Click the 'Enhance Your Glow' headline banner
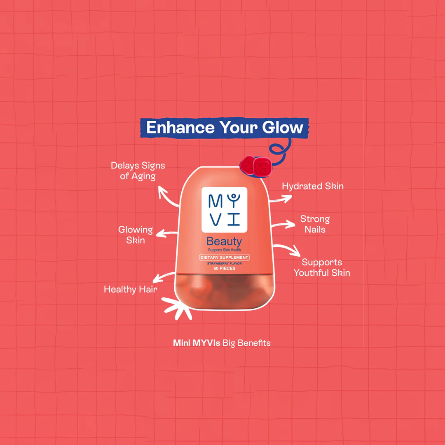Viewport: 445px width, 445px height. coord(225,128)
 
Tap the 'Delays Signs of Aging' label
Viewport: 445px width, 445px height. coord(138,171)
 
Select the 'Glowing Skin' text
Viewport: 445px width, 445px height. coord(136,235)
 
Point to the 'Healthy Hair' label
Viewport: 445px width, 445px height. coord(131,289)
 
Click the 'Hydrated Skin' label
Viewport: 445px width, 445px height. coord(313,186)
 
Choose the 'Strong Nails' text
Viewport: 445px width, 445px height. coord(315,224)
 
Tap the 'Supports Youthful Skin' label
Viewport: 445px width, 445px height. coord(322,267)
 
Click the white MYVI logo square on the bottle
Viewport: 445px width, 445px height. coord(224,210)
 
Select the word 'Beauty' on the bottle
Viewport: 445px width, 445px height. coord(224,241)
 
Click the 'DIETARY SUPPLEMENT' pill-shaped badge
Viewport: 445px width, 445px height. coord(224,258)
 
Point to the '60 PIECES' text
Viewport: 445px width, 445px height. coord(224,268)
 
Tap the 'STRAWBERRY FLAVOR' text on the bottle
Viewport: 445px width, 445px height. coord(224,263)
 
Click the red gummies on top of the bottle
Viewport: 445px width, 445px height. coord(256,166)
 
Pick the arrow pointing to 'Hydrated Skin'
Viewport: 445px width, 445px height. coord(281,199)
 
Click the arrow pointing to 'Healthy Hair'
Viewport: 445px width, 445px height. coord(163,276)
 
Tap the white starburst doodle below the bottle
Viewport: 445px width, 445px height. coord(176,308)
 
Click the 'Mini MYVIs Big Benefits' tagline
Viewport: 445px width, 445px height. coord(222,343)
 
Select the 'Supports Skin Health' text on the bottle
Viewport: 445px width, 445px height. coord(224,250)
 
